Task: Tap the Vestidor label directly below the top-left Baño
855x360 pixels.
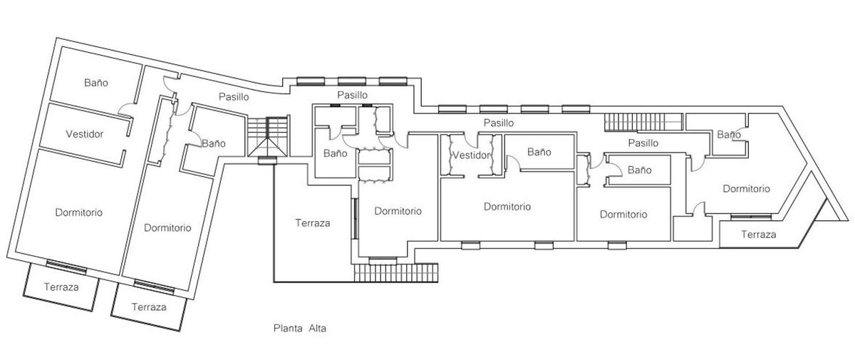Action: point(85,133)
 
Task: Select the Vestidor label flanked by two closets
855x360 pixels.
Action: point(472,155)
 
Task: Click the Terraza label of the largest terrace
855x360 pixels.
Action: point(313,222)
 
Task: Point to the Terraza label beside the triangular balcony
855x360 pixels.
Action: point(758,234)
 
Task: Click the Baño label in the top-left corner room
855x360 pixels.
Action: point(95,83)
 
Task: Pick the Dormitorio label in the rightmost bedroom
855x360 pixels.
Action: point(746,189)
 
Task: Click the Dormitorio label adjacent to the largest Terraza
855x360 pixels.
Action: point(398,211)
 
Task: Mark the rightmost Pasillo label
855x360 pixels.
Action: point(643,143)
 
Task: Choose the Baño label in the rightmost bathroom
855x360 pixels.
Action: point(727,135)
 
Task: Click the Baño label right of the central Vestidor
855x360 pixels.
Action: point(539,152)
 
